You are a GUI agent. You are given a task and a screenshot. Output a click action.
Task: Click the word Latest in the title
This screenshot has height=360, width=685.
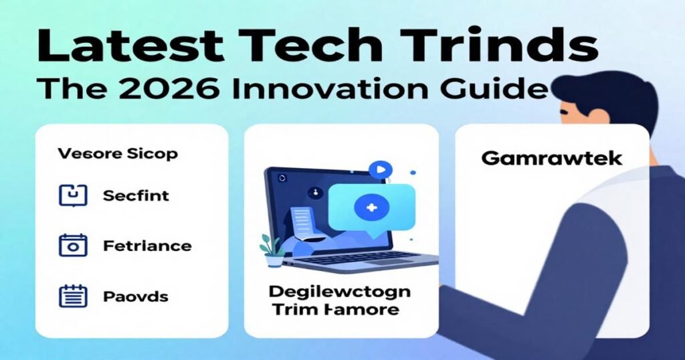coord(123,48)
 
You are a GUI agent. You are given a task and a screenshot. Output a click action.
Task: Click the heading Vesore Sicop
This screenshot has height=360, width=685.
coord(118,154)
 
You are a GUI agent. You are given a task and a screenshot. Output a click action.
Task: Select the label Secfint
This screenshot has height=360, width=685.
coord(136,196)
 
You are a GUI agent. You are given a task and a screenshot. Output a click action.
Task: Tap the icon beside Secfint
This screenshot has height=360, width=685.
coord(74,195)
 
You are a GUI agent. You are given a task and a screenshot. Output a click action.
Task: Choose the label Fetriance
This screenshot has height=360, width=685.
coord(147,246)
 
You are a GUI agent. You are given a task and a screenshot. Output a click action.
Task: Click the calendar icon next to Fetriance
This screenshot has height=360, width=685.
coord(74,246)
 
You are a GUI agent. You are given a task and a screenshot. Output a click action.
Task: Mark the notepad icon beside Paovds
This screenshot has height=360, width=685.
coord(74,296)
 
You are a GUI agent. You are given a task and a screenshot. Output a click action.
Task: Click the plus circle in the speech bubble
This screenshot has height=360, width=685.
coord(369,207)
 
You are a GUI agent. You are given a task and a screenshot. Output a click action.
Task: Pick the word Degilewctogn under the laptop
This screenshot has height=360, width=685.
coord(340,292)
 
